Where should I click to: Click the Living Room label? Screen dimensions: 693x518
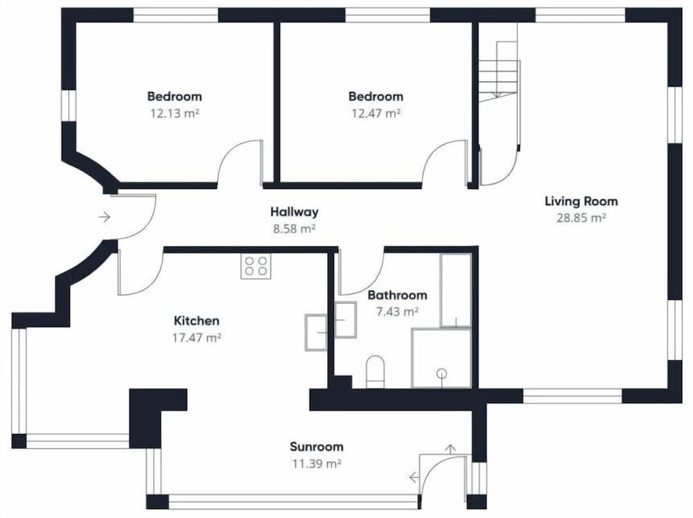click(x=581, y=202)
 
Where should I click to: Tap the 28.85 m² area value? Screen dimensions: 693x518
click(x=581, y=218)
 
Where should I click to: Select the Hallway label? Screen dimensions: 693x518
click(x=295, y=213)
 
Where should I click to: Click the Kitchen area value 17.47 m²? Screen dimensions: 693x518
click(x=197, y=338)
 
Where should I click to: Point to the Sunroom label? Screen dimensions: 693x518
click(x=317, y=447)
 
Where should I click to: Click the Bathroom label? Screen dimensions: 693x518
click(x=397, y=295)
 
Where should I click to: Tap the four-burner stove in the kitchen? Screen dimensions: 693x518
click(x=256, y=266)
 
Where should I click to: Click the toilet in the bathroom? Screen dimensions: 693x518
click(x=376, y=372)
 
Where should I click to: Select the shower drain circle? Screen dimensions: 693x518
click(x=441, y=373)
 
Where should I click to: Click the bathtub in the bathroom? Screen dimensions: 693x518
click(x=456, y=290)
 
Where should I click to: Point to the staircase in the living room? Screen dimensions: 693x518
click(x=498, y=71)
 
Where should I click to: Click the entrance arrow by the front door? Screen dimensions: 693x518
click(x=105, y=217)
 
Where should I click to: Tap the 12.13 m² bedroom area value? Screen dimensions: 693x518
click(x=175, y=114)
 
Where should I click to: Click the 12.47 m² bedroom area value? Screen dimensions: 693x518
click(x=376, y=114)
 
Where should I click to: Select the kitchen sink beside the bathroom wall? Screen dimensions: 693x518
click(x=316, y=332)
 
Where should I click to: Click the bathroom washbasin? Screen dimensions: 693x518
click(x=346, y=320)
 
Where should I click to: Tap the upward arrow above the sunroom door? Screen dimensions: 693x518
click(x=450, y=449)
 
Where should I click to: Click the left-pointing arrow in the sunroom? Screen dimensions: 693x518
click(x=414, y=477)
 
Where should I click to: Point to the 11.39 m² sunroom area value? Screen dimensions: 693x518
click(x=317, y=464)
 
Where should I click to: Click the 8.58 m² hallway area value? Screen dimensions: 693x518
click(x=295, y=229)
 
